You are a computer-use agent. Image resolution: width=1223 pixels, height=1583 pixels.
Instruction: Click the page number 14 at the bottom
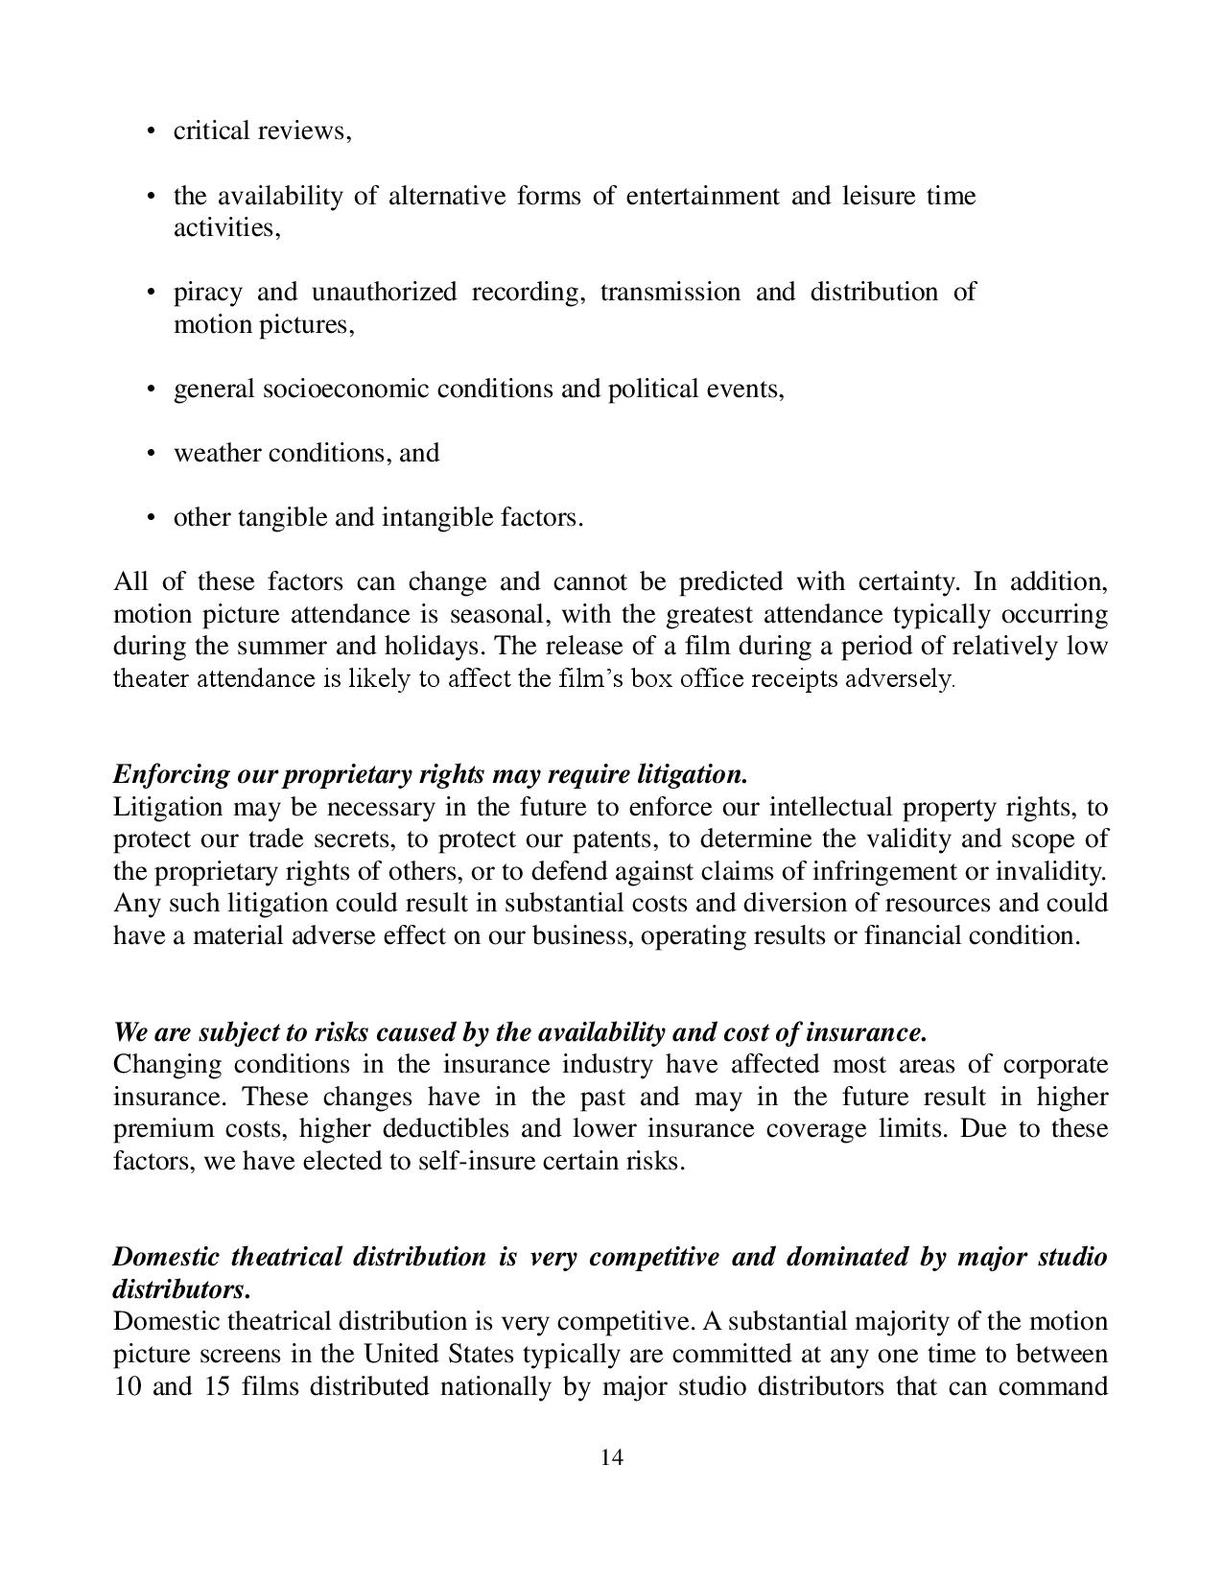pyautogui.click(x=612, y=1458)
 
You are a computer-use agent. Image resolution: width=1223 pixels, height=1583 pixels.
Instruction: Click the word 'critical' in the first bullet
pyautogui.click(x=207, y=130)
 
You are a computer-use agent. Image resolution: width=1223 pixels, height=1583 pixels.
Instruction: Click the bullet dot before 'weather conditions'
pyautogui.click(x=152, y=454)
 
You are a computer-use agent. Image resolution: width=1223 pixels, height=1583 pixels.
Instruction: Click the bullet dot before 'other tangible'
pyautogui.click(x=152, y=518)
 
